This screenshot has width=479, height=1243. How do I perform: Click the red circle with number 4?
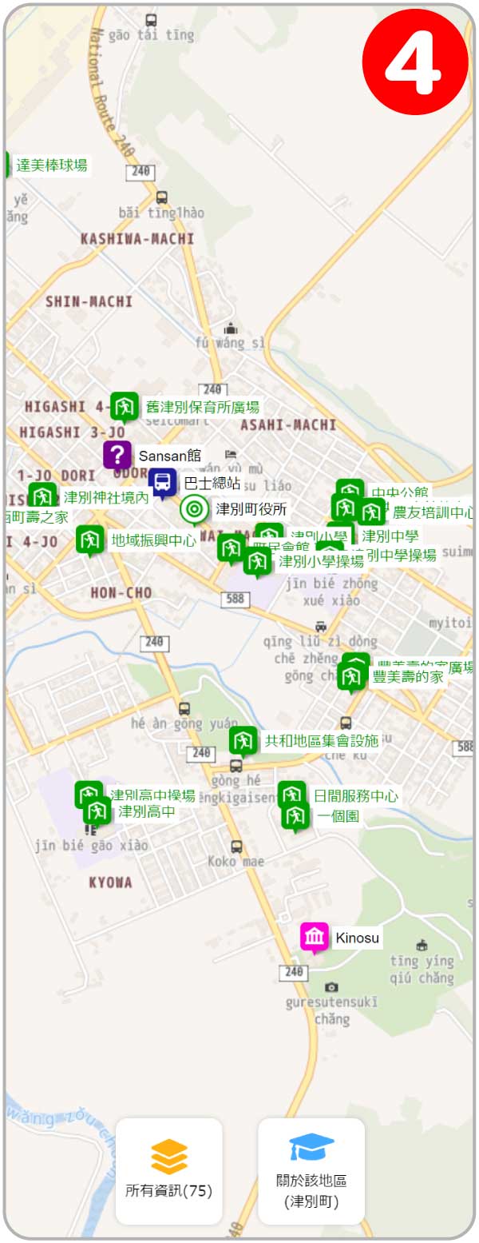(415, 62)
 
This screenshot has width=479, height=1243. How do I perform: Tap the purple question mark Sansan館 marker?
(117, 455)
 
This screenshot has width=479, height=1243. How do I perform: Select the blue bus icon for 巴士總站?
(163, 482)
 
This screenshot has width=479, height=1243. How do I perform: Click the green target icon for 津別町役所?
(194, 508)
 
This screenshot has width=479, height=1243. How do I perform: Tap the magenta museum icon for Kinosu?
(315, 937)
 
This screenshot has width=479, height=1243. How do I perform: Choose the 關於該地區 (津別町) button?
(311, 1171)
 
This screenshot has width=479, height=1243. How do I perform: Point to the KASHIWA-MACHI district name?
(137, 239)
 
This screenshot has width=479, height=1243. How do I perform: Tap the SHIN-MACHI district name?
(89, 301)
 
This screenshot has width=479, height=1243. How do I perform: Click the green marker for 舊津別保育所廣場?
(125, 406)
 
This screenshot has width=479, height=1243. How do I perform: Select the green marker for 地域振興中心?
(90, 540)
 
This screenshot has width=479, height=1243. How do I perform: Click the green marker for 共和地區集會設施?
(243, 740)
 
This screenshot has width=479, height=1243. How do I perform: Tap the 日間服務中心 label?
(355, 796)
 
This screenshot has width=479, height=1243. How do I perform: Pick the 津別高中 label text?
(147, 811)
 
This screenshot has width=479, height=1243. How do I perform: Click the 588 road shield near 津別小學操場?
(237, 600)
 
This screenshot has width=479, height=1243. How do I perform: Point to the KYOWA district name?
(111, 882)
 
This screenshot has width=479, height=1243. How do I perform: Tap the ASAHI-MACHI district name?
(288, 424)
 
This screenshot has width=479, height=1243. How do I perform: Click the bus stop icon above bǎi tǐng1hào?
(162, 197)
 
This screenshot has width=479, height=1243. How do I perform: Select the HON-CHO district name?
(121, 592)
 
